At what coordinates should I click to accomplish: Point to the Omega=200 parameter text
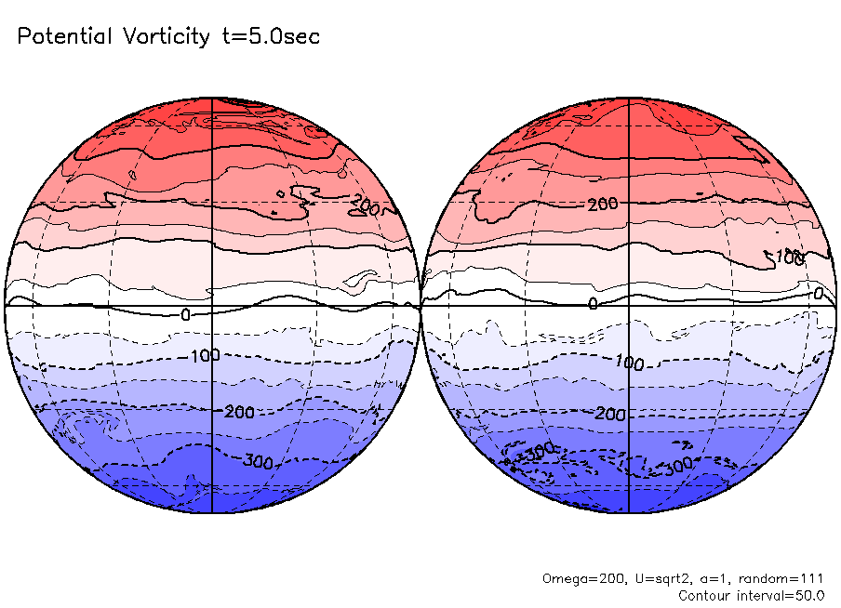(577, 578)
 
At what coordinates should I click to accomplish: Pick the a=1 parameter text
(708, 578)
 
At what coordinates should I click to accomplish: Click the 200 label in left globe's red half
(367, 208)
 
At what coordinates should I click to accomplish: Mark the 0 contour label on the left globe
(185, 315)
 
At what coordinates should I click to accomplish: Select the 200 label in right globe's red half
(603, 203)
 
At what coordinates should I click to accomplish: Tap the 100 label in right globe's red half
(790, 256)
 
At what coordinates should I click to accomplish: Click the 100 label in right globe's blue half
(629, 363)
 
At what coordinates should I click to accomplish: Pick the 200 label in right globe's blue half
(610, 414)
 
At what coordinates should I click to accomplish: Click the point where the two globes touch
(421, 305)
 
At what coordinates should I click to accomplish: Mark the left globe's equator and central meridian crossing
(213, 305)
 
